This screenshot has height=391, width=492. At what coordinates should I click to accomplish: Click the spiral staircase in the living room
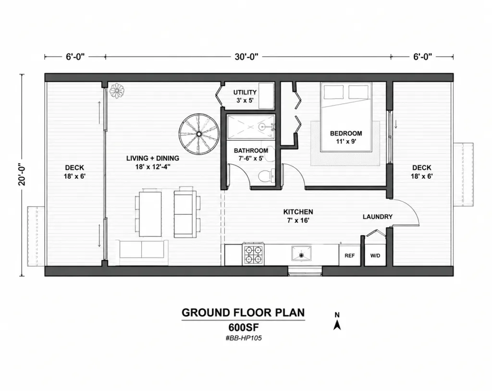tap(199, 134)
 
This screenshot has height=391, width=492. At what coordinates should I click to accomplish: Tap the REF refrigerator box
tap(350, 256)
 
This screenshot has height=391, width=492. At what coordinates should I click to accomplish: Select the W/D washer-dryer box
tap(375, 256)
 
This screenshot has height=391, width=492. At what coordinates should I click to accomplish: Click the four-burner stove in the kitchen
tap(253, 254)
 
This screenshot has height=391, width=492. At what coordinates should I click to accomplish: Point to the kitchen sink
tap(301, 254)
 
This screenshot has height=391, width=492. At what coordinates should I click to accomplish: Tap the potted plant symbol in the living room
tap(117, 90)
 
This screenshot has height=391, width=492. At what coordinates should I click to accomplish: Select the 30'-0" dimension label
tap(246, 57)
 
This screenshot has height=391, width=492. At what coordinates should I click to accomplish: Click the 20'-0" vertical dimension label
tap(22, 174)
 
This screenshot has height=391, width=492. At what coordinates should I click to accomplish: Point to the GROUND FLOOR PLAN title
tap(243, 313)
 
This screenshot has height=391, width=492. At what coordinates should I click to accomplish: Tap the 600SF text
tap(244, 327)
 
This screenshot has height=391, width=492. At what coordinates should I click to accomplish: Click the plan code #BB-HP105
tap(244, 338)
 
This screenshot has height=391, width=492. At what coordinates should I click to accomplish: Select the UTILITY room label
tap(245, 92)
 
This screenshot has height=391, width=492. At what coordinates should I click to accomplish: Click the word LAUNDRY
tap(378, 217)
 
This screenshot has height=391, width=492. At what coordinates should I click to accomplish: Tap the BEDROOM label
tap(346, 133)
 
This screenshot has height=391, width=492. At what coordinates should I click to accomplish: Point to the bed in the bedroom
tap(346, 117)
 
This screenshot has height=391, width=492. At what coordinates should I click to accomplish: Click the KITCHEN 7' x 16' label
tap(298, 216)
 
